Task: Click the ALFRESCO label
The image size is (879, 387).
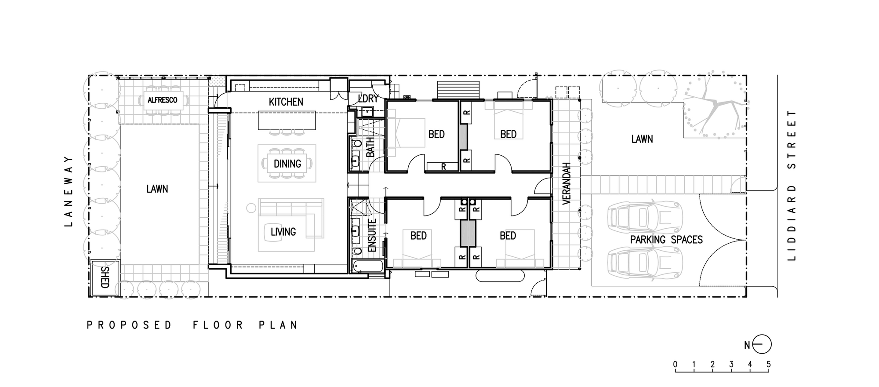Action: tap(162, 100)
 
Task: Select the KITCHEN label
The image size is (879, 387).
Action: tap(286, 102)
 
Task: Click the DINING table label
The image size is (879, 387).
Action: tap(287, 164)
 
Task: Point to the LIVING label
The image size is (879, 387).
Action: tap(283, 232)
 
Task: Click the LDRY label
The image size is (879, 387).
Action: tap(368, 99)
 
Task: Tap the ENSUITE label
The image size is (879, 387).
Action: tap(372, 236)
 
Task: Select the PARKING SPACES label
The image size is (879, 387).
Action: tap(666, 240)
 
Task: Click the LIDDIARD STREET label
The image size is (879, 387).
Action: tap(792, 185)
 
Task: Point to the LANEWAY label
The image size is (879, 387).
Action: tap(68, 191)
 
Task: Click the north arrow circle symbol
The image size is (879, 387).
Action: tap(762, 345)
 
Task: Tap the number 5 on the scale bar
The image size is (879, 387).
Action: tap(768, 364)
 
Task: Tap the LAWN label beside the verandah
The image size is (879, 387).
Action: tap(642, 139)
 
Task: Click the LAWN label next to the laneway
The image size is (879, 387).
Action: tap(157, 189)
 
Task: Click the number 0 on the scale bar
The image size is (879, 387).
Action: tap(675, 364)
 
